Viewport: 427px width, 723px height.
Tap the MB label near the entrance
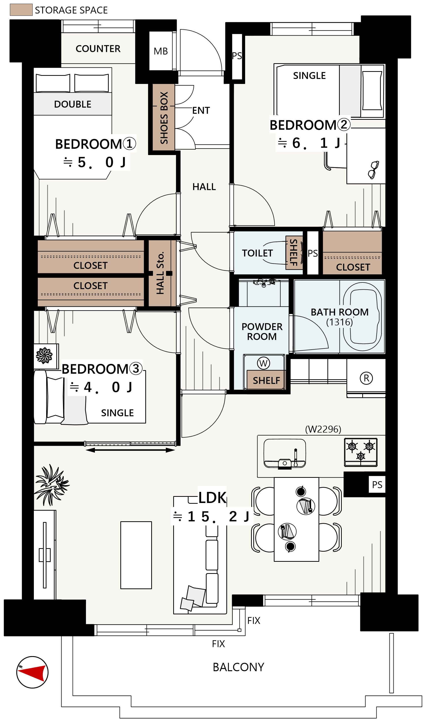click(161, 51)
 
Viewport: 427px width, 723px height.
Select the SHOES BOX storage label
click(164, 118)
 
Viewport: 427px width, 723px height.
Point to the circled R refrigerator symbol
click(366, 378)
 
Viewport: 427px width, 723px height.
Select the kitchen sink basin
click(285, 454)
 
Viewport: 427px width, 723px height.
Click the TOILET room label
click(257, 253)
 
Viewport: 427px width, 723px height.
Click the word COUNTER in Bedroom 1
click(98, 49)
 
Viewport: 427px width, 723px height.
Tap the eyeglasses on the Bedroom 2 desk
click(373, 170)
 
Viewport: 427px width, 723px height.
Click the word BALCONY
click(238, 667)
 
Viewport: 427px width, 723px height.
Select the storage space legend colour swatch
click(21, 10)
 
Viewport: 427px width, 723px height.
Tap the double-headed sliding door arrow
click(130, 450)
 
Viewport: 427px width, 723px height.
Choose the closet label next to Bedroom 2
click(353, 267)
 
